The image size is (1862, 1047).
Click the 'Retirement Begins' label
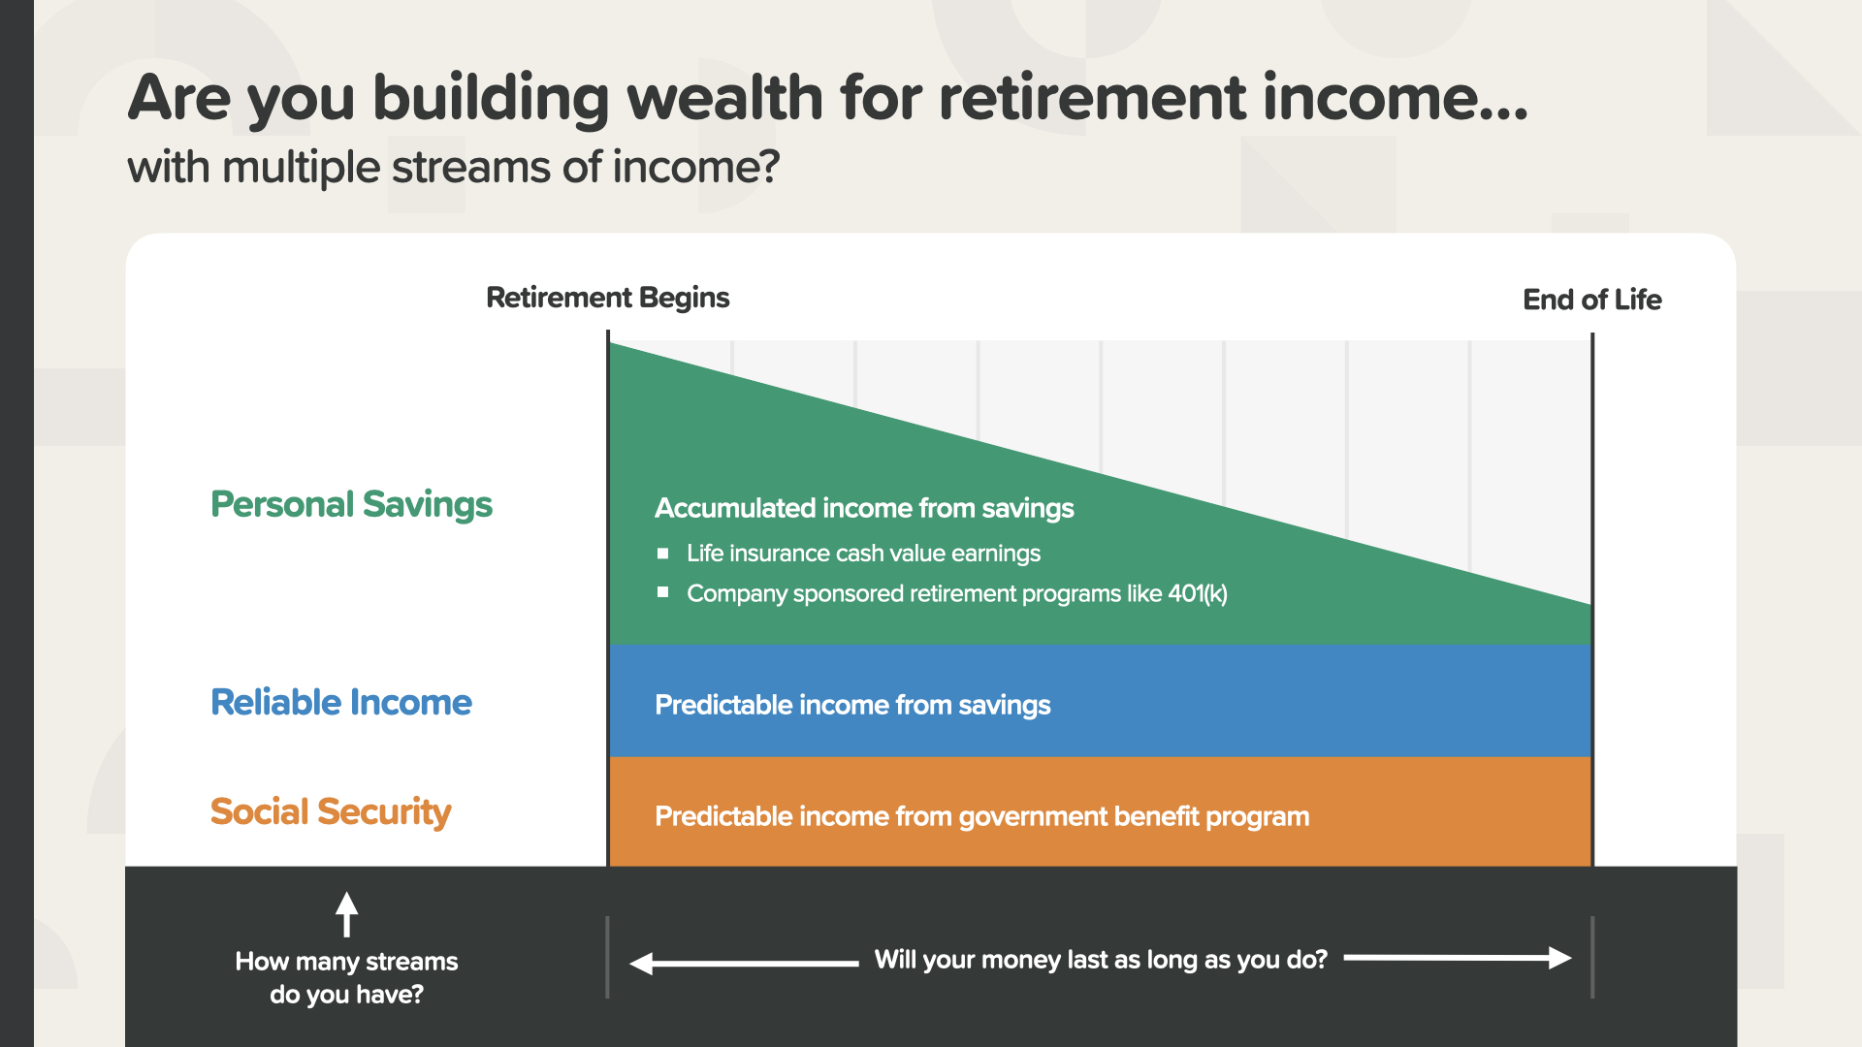(607, 298)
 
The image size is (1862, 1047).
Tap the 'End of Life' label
(1591, 300)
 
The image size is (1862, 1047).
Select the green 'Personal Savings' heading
(351, 505)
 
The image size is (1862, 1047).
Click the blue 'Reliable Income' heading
(341, 702)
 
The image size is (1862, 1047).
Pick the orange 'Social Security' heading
(331, 812)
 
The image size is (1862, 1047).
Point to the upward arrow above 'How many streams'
(346, 914)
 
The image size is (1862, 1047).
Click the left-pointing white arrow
(744, 963)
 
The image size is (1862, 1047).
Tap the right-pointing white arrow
(1458, 958)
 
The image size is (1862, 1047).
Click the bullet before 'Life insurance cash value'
(663, 554)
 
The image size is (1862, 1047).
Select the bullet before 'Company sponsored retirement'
(663, 591)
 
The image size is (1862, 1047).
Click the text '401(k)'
(1198, 593)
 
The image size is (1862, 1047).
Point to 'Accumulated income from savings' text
(864, 508)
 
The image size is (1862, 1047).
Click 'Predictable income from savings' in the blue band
(852, 705)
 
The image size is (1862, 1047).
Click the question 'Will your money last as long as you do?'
(1101, 960)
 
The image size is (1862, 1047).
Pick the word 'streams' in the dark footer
(411, 962)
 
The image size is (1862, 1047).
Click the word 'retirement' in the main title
(1092, 98)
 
